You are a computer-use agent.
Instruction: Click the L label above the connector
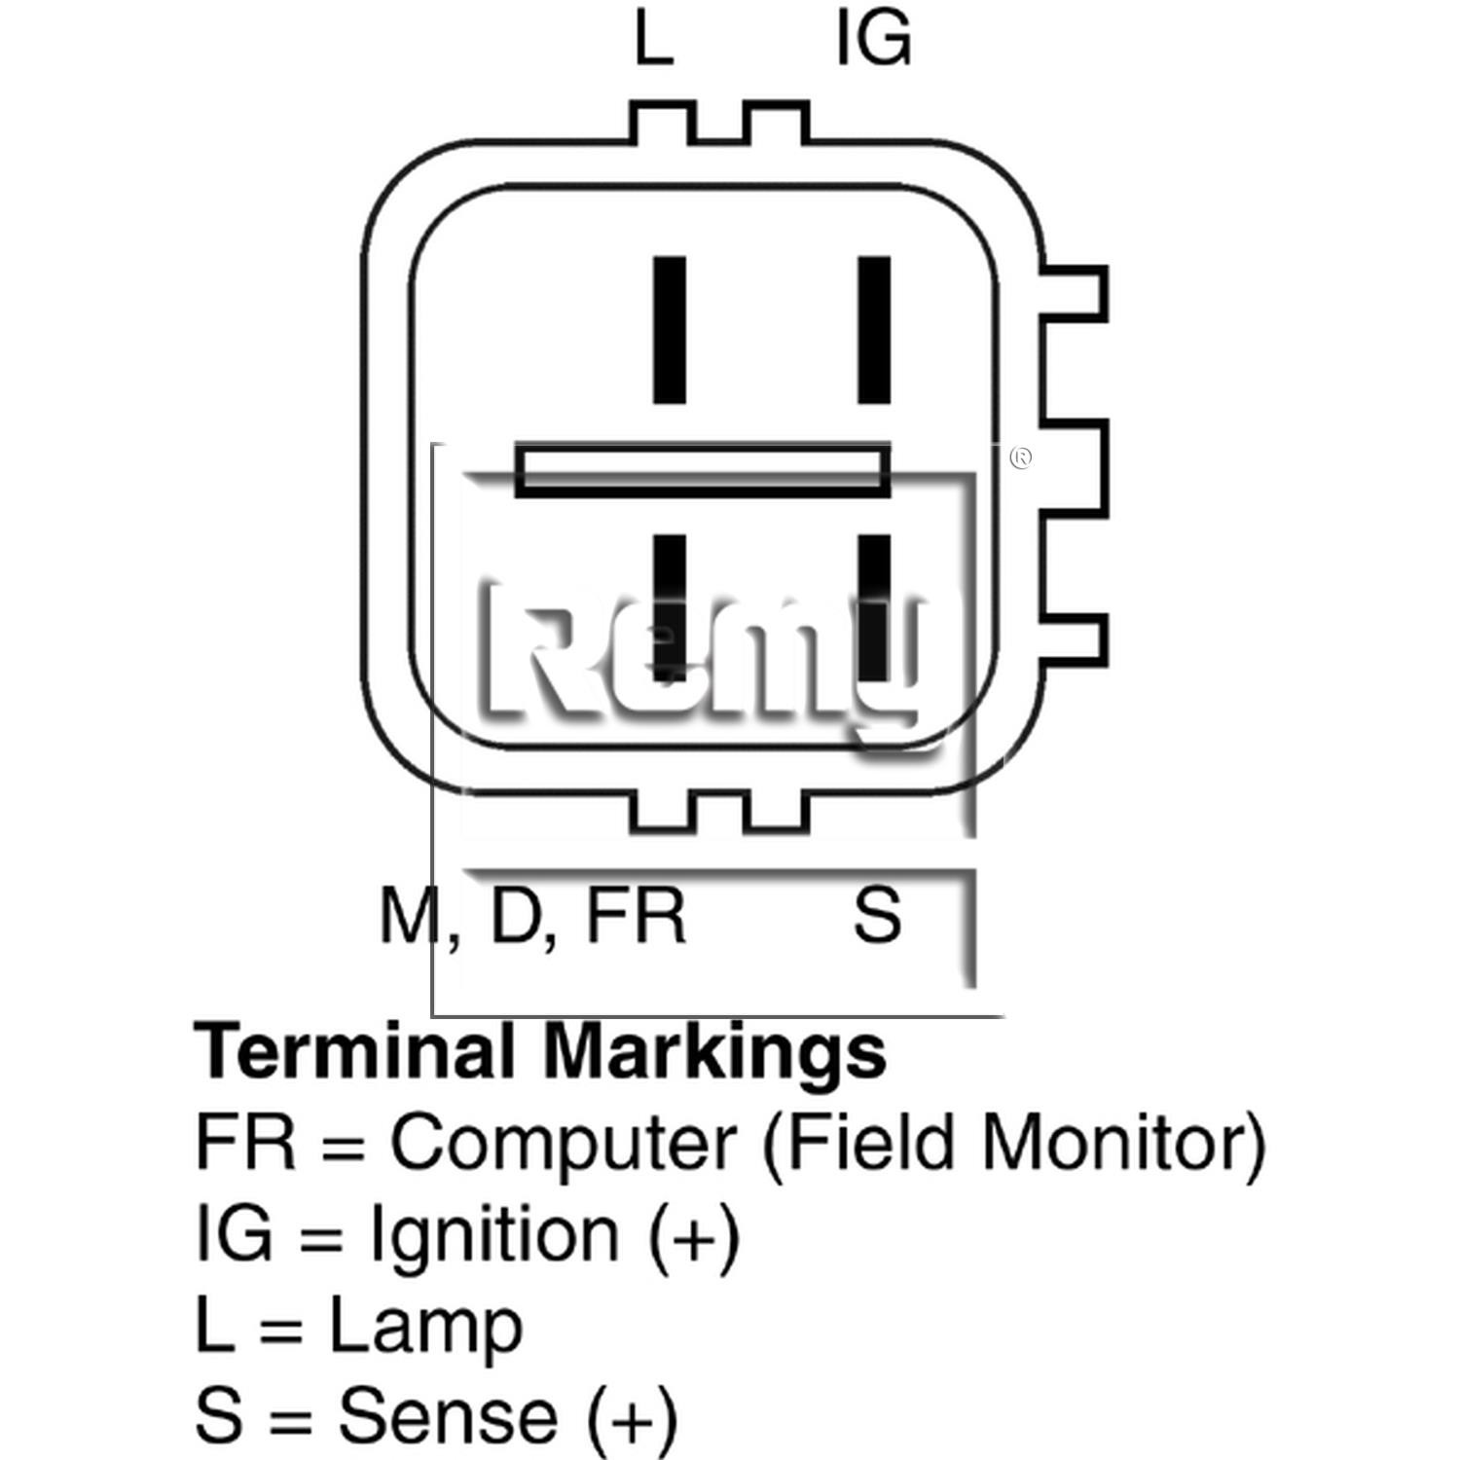click(x=653, y=40)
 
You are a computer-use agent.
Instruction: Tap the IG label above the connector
click(x=873, y=40)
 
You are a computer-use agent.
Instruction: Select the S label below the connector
click(x=877, y=914)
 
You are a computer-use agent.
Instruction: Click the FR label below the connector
click(x=637, y=915)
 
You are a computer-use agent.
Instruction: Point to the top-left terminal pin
click(x=669, y=329)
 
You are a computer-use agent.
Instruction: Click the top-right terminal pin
click(x=874, y=329)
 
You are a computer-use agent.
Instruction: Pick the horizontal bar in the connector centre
click(x=702, y=470)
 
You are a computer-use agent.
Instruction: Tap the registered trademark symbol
click(x=1020, y=456)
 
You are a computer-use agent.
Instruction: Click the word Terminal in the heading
click(x=355, y=1051)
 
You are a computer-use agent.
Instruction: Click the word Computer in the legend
click(x=563, y=1142)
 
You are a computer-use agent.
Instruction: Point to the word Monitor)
click(x=1124, y=1141)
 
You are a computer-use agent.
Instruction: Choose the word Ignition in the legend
click(x=494, y=1233)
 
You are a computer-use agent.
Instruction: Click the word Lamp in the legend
click(x=426, y=1325)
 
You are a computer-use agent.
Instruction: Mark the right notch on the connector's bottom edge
click(x=776, y=811)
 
